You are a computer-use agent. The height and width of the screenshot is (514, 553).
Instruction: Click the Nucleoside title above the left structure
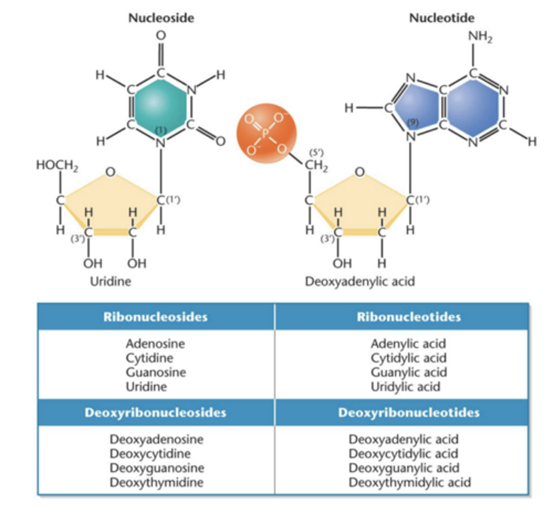click(161, 18)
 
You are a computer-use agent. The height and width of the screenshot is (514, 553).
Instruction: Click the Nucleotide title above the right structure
click(442, 18)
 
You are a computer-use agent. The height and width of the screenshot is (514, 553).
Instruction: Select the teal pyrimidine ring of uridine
click(159, 103)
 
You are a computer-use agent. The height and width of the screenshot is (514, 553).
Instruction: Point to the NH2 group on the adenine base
click(480, 37)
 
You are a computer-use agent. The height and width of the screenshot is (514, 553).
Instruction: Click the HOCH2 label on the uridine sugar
click(57, 165)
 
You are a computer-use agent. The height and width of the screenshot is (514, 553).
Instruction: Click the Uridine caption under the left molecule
click(110, 281)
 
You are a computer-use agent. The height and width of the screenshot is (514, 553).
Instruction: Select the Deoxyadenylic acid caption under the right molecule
click(360, 281)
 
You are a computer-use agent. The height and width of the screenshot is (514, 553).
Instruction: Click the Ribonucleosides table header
click(155, 317)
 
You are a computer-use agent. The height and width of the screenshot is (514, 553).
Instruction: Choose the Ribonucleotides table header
click(409, 317)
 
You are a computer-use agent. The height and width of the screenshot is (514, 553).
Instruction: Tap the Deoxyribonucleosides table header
click(155, 412)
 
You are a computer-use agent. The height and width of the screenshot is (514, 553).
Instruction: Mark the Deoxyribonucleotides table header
click(409, 412)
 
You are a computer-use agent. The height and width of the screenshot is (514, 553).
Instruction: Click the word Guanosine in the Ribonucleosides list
click(156, 372)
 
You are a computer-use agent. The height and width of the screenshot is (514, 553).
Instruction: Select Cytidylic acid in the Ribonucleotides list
click(409, 358)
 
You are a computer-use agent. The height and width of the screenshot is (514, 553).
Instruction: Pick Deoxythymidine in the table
click(156, 482)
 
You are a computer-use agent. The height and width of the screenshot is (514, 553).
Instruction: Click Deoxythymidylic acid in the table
click(409, 482)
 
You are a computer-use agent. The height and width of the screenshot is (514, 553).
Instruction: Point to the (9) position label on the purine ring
click(412, 123)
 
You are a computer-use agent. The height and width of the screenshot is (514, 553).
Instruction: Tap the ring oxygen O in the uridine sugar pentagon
click(110, 172)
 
